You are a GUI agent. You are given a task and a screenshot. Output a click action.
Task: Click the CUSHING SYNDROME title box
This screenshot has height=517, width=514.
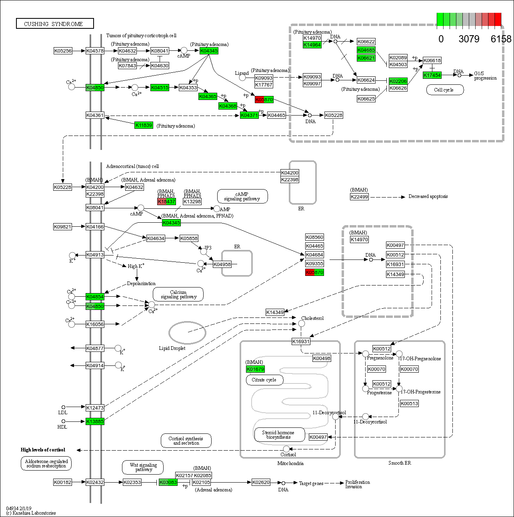coord(55,24)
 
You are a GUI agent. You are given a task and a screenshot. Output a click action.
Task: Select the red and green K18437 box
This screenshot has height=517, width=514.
coord(166,202)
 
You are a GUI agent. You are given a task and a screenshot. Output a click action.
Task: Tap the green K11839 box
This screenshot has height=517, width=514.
coord(144,125)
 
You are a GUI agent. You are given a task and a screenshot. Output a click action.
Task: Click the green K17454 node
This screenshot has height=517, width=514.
coord(432,75)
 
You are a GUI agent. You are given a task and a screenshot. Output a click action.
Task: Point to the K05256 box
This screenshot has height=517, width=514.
coord(63,51)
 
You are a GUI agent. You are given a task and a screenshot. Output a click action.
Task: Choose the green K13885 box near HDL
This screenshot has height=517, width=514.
coord(95,421)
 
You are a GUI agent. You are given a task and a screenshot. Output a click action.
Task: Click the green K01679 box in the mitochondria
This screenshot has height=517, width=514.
coord(255,369)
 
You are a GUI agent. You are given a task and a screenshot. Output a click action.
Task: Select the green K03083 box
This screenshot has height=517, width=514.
coord(168,482)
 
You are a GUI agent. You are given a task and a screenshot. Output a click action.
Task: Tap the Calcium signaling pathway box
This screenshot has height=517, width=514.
coord(178,294)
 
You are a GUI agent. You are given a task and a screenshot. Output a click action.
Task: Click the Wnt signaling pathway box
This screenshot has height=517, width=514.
coord(143,467)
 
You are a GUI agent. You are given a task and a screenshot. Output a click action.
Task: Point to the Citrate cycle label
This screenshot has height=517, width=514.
coord(264,380)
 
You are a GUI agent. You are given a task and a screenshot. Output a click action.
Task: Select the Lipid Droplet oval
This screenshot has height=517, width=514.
coord(187,332)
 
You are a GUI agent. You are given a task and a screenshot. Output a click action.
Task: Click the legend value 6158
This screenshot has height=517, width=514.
coord(501,39)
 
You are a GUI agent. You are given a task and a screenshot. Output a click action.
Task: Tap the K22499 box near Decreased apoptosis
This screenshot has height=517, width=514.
coord(359,197)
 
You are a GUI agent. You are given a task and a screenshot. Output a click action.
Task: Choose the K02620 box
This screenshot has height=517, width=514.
coord(261,482)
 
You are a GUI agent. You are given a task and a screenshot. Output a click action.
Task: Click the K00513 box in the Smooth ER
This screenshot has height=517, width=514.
coord(409,403)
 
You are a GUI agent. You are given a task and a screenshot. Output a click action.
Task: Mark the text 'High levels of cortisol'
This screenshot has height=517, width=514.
coord(43,450)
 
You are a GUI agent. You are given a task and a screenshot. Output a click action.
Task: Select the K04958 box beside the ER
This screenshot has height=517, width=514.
coord(222,264)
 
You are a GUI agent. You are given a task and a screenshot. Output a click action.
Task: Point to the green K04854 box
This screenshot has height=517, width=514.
coord(95,297)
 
